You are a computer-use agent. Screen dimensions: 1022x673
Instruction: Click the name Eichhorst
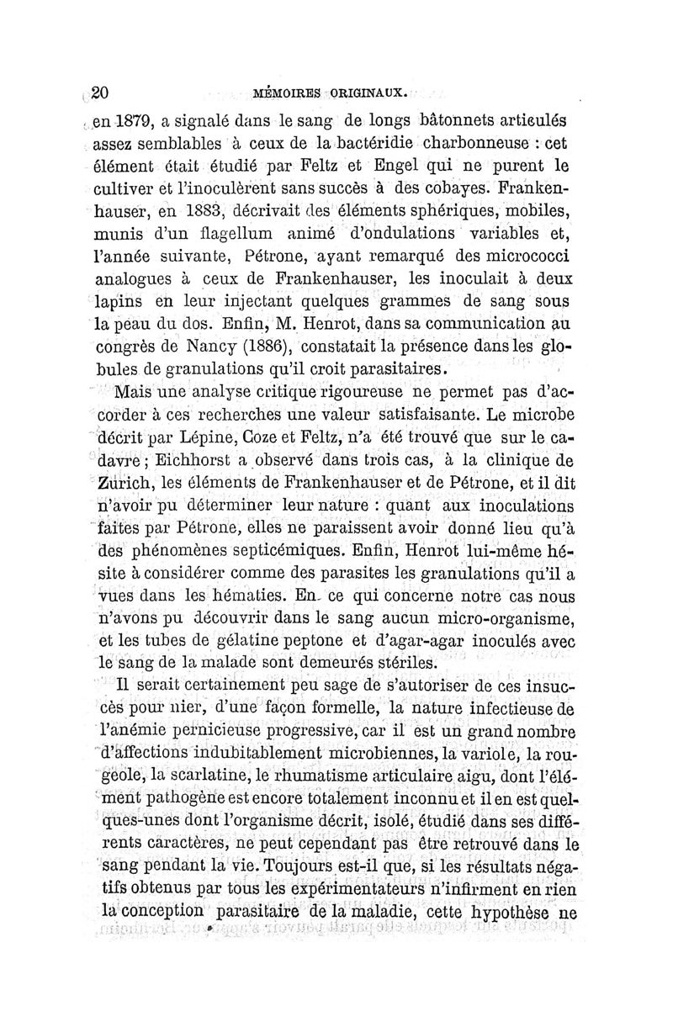click(188, 461)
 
